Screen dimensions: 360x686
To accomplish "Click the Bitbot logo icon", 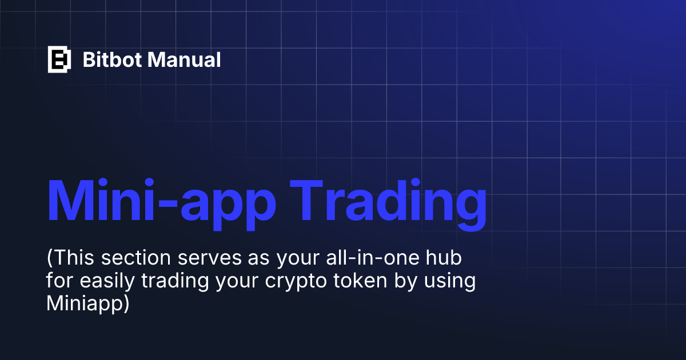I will click(x=59, y=59).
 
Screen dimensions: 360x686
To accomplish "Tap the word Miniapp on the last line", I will click(x=83, y=304).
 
